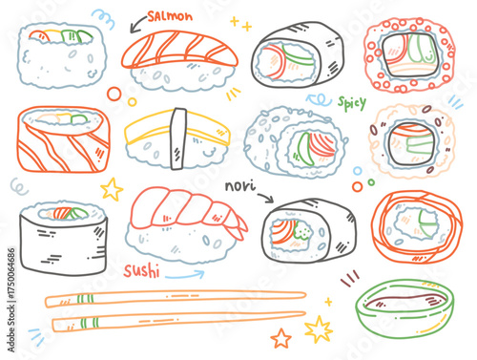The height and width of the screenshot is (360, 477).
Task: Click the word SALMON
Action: click(170, 16)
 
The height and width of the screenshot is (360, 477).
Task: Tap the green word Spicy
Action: click(352, 103)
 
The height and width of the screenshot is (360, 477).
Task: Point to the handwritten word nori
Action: click(240, 185)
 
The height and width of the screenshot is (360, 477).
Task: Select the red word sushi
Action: click(141, 271)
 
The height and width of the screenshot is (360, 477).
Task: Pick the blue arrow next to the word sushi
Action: click(184, 275)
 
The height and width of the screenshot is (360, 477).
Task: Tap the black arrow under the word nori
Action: click(266, 198)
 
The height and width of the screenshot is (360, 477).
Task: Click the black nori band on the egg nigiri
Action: click(178, 138)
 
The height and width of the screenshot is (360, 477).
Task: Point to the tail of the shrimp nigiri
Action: click(238, 225)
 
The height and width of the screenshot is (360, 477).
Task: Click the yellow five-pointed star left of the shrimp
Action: click(112, 189)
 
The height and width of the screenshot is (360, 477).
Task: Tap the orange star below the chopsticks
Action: click(280, 338)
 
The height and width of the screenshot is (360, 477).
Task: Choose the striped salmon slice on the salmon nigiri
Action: click(179, 51)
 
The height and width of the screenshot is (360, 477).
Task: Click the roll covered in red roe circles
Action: click(410, 54)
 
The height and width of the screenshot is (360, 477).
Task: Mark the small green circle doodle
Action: click(371, 182)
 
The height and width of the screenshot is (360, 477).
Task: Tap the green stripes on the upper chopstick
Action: click(85, 299)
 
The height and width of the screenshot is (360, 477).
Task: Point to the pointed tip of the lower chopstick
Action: click(304, 314)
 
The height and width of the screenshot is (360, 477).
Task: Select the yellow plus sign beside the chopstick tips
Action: click(328, 302)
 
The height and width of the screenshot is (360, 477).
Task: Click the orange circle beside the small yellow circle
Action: click(114, 95)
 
